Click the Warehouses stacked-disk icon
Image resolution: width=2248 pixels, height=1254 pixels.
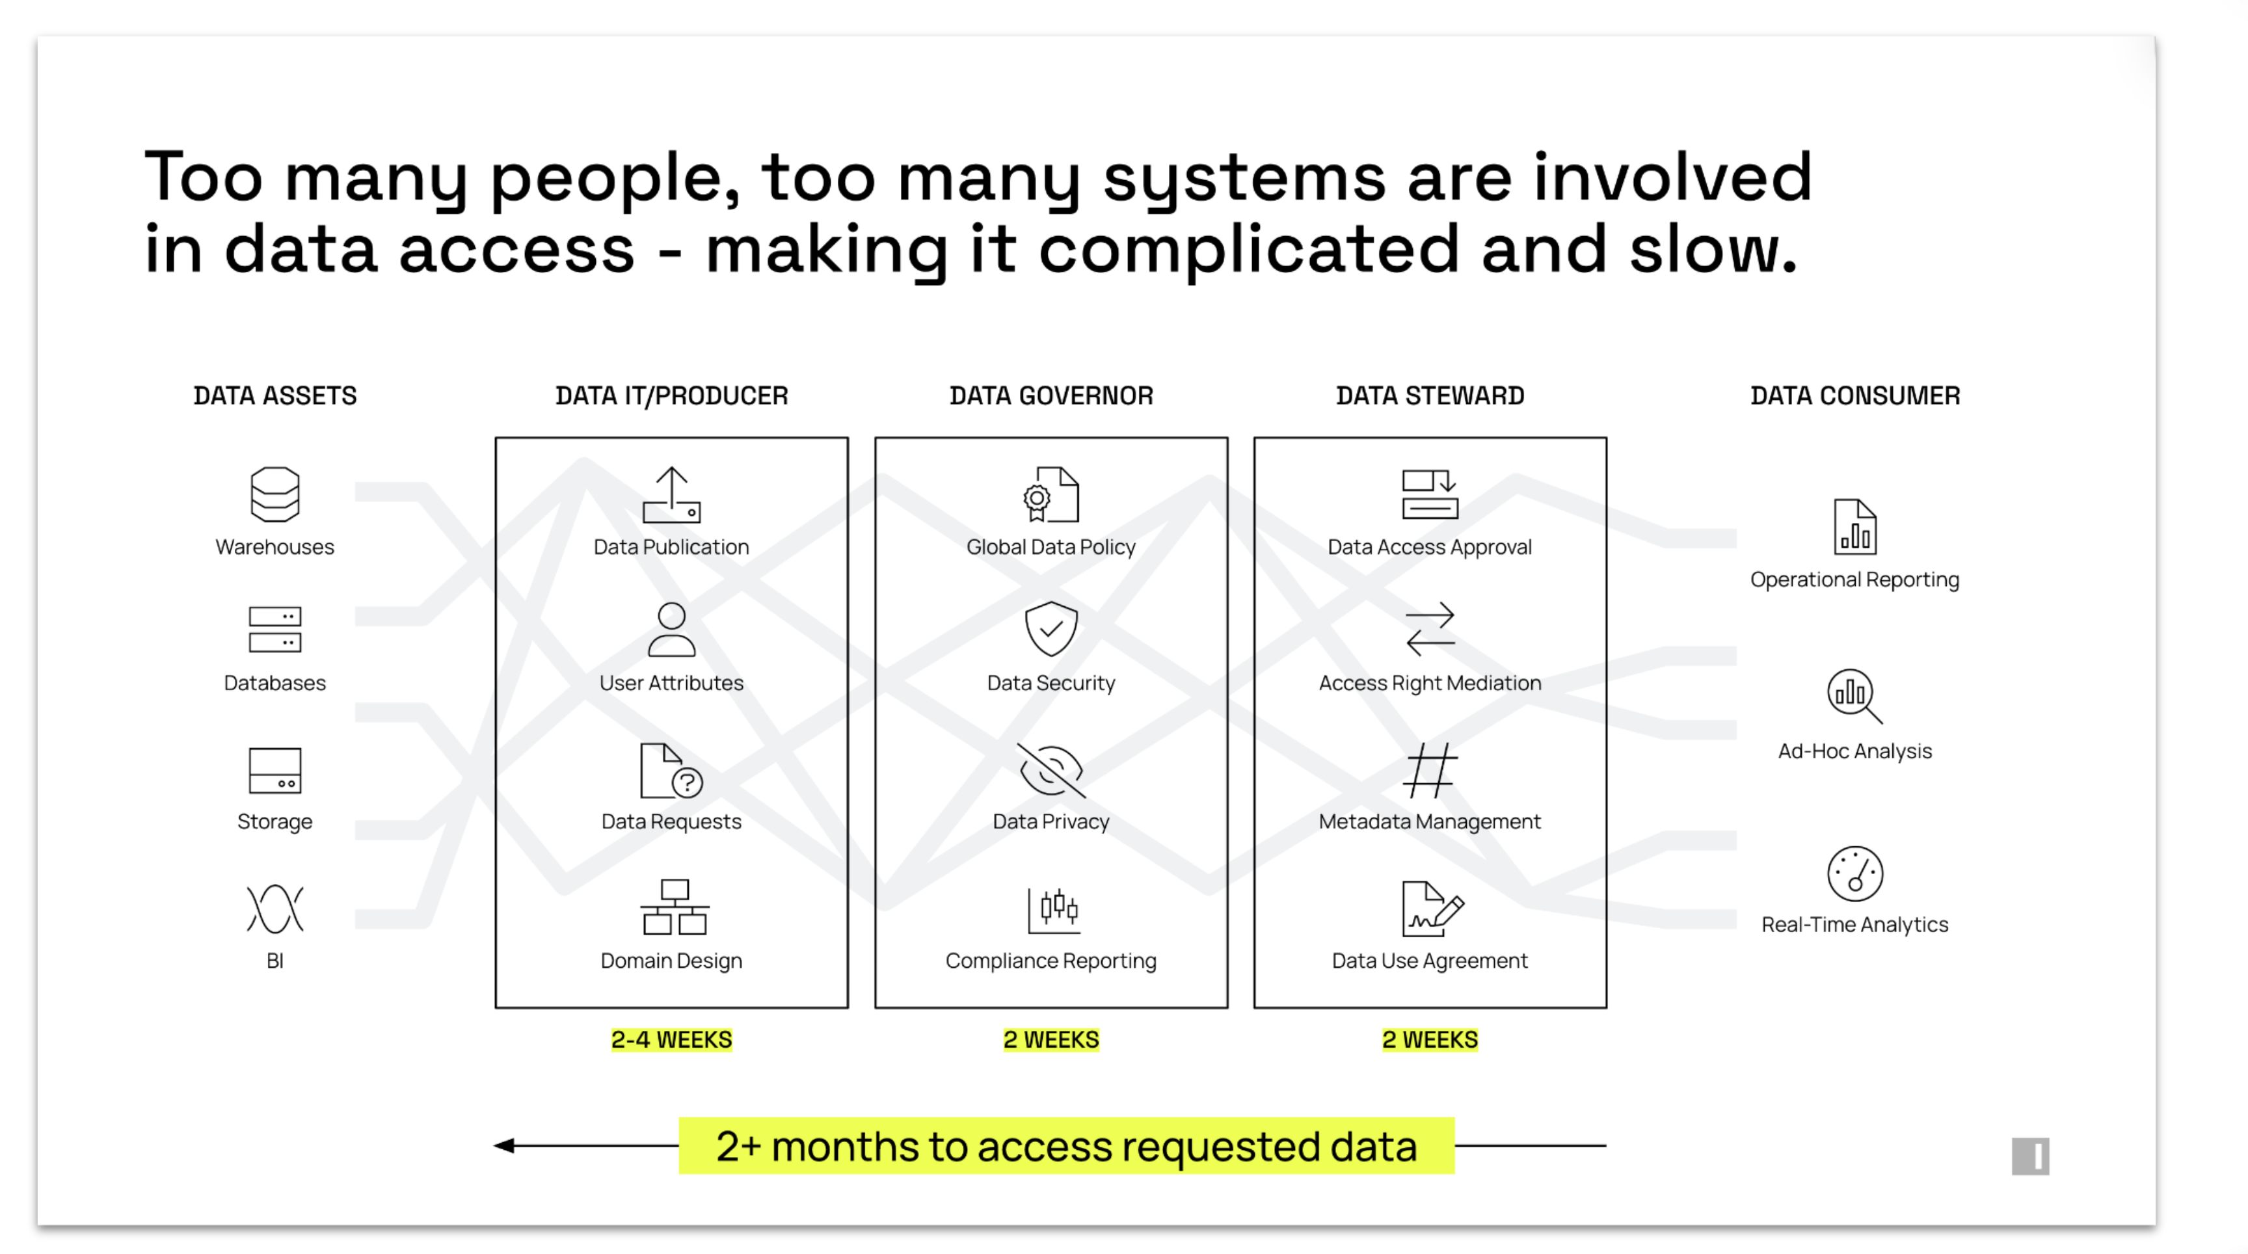click(x=275, y=494)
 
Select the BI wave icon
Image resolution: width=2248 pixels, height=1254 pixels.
click(x=275, y=909)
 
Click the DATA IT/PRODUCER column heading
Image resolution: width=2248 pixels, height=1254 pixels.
click(x=672, y=395)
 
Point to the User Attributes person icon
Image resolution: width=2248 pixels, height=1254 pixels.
click(x=672, y=629)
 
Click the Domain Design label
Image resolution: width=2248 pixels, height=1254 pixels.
click(x=671, y=960)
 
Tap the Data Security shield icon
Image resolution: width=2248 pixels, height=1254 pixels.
click(x=1050, y=628)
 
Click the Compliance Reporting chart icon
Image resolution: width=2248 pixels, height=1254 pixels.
click(x=1053, y=909)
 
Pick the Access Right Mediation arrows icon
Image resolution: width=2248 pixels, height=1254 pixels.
click(x=1430, y=628)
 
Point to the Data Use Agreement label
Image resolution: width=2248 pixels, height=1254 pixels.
click(x=1430, y=960)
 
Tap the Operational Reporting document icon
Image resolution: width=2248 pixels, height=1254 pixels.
click(x=1855, y=527)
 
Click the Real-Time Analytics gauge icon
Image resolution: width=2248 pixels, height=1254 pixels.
click(x=1855, y=874)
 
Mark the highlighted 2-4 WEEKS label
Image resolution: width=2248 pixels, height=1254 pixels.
click(x=671, y=1039)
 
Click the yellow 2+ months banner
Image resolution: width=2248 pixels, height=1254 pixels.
click(x=1066, y=1146)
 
